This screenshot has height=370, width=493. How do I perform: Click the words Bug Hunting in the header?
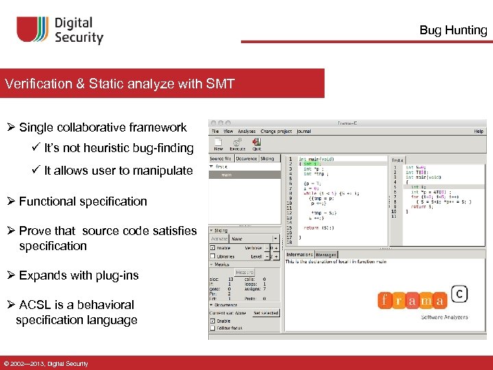[453, 30]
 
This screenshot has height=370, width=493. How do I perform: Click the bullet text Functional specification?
[83, 201]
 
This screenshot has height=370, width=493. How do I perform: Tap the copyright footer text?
[45, 363]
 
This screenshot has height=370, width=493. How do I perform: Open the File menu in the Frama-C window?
[215, 131]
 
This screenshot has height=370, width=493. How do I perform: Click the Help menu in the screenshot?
[479, 131]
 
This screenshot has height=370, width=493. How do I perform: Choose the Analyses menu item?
[246, 131]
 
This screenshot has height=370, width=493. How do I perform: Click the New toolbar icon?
[218, 144]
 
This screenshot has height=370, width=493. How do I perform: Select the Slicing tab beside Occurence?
[266, 158]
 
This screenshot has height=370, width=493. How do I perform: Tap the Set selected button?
[265, 312]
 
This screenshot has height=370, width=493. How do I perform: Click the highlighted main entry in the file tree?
[226, 174]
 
